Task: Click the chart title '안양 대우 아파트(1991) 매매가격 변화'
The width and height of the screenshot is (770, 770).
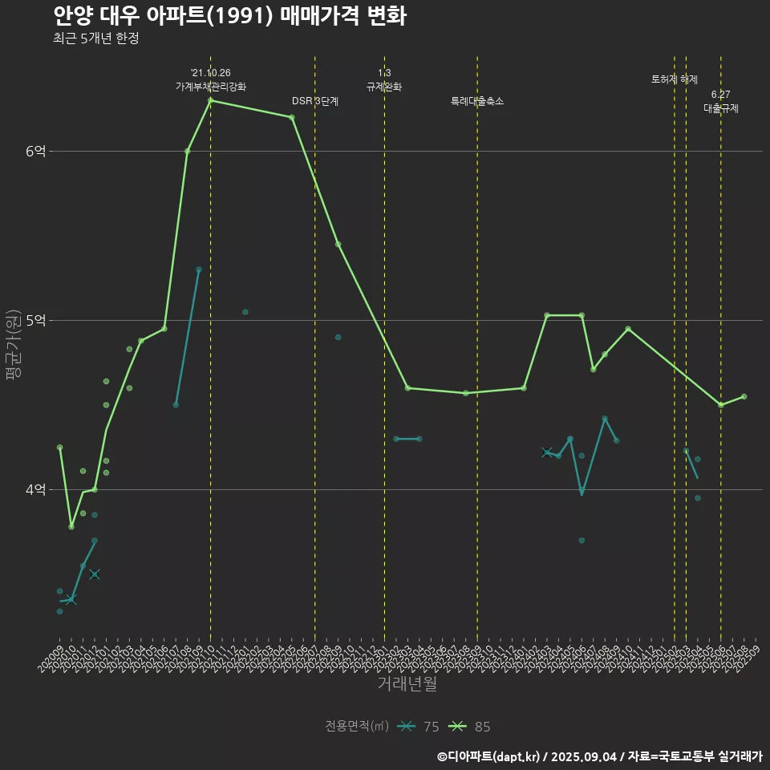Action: pos(229,15)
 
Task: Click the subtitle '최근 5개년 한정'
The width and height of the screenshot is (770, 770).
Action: pos(96,38)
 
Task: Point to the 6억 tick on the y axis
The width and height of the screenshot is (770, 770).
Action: pos(35,151)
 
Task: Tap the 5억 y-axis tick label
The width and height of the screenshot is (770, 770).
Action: pos(35,320)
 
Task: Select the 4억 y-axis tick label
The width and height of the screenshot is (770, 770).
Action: pos(35,489)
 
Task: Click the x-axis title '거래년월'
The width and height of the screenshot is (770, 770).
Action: pos(407,683)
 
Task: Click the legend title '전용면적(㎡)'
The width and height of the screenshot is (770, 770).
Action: pos(357,727)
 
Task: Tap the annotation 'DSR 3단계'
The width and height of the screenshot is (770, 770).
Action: pos(315,101)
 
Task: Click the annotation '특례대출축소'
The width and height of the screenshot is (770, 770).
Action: pos(477,101)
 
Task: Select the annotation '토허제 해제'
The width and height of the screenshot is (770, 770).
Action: pos(675,79)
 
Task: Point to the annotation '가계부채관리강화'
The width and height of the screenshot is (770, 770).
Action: pos(211,86)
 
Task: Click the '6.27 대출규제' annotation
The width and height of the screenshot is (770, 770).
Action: pos(721,101)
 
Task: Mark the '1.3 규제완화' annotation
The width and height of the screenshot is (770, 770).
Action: pos(384,79)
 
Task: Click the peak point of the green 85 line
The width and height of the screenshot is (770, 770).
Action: pos(210,100)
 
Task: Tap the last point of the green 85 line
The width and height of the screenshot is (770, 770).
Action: pos(744,396)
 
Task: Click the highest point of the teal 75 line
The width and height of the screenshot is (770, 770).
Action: pos(199,269)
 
